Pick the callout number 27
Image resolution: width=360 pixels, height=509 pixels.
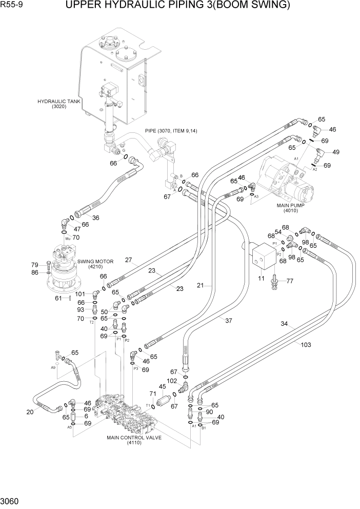tap(129, 260)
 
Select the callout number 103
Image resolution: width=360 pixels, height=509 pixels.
tap(306, 345)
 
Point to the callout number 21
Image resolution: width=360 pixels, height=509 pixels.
tap(201, 285)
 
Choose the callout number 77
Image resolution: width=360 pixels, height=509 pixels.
tap(289, 281)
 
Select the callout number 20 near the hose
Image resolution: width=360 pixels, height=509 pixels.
tap(30, 412)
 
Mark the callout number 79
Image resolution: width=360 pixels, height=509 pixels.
tap(36, 265)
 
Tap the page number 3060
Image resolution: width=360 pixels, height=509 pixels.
tap(11, 500)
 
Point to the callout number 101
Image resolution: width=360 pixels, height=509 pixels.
tap(79, 294)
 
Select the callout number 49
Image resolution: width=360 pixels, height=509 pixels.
tap(336, 152)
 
